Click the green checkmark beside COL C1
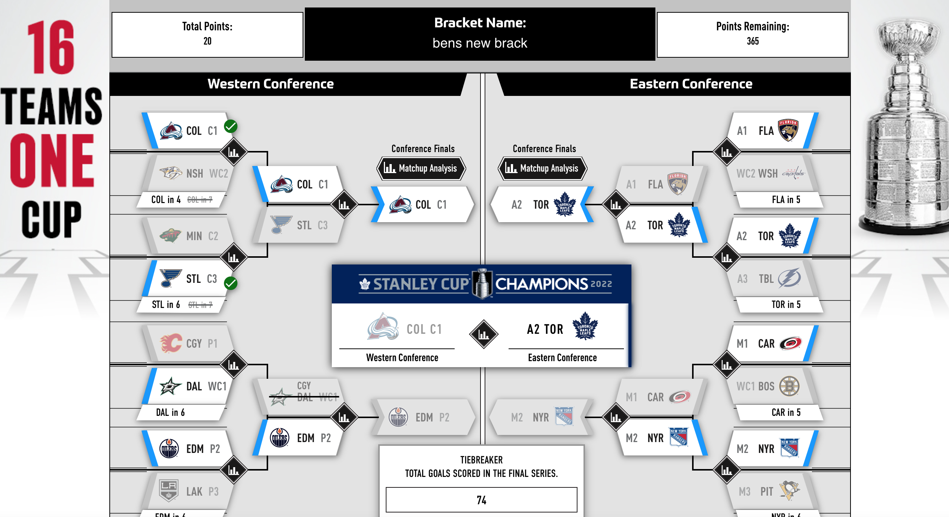(x=231, y=127)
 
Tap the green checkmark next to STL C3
(x=231, y=283)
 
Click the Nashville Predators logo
(x=171, y=173)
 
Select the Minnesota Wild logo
(x=170, y=236)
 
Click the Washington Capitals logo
(x=793, y=173)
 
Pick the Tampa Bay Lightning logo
(x=789, y=278)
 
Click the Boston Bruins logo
(x=789, y=386)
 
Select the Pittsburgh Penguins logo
(x=789, y=491)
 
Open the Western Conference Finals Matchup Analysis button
(x=421, y=168)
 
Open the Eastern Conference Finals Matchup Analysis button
(x=543, y=168)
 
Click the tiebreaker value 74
(x=481, y=500)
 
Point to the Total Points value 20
(x=207, y=41)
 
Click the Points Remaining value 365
(x=753, y=41)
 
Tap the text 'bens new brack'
(x=480, y=43)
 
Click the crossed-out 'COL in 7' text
(x=200, y=200)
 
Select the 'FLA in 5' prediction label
(x=786, y=200)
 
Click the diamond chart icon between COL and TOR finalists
(x=483, y=334)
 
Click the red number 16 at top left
(x=51, y=47)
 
